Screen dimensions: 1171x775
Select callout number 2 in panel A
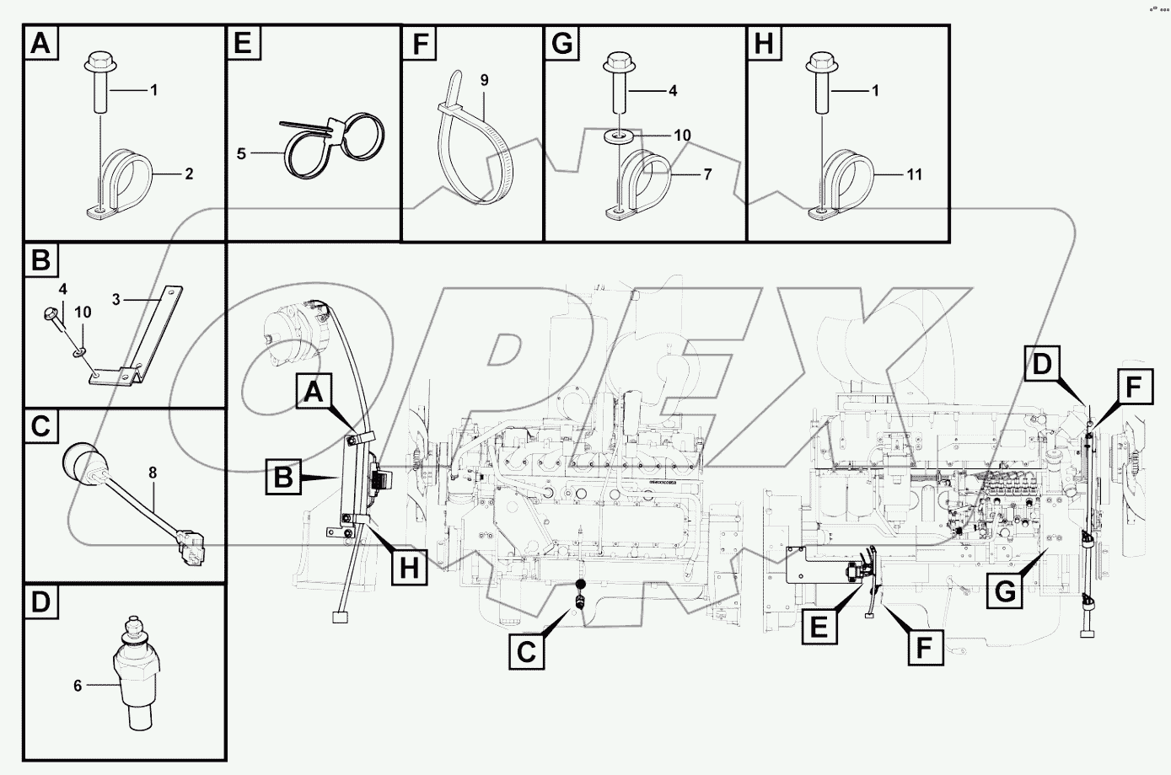[x=190, y=174]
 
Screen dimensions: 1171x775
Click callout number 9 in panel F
[x=484, y=80]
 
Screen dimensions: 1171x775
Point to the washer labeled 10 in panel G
[x=620, y=135]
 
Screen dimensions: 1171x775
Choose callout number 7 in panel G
[x=707, y=174]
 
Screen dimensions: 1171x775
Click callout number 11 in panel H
[x=916, y=174]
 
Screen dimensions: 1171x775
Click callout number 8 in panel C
[x=153, y=473]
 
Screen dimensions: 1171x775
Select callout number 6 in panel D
[x=77, y=686]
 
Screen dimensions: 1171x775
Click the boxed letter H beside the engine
[x=409, y=569]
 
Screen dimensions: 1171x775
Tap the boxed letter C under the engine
[x=526, y=651]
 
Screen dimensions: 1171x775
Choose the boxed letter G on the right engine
[x=1004, y=592]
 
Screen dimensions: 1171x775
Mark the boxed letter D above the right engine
[x=1043, y=365]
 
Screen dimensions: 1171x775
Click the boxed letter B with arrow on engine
[x=283, y=478]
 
